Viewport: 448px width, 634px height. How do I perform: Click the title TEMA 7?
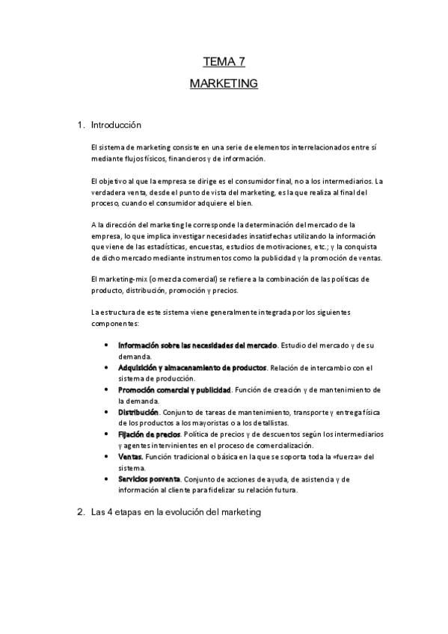pos(224,63)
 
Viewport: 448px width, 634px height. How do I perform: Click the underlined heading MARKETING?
pos(224,83)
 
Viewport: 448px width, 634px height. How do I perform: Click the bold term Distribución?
pos(138,412)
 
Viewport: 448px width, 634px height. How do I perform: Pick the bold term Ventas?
pos(130,456)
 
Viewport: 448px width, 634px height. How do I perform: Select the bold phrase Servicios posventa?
pos(149,478)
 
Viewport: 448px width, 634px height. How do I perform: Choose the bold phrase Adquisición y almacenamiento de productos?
pos(192,368)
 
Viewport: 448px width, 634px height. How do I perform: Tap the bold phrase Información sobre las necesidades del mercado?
pos(198,345)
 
